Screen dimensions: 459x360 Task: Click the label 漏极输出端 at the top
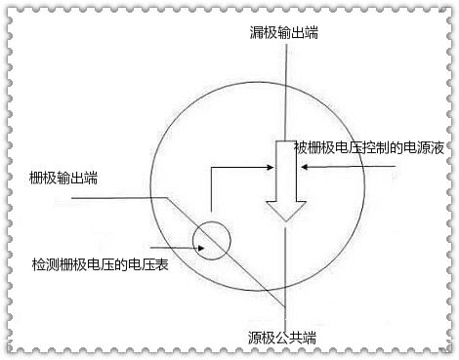pyautogui.click(x=283, y=33)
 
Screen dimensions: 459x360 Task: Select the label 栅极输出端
pyautogui.click(x=63, y=178)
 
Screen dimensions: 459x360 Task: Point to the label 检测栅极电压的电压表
pyautogui.click(x=101, y=264)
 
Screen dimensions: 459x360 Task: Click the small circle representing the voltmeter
pyautogui.click(x=212, y=238)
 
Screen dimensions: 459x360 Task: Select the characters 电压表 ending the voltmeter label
pyautogui.click(x=151, y=264)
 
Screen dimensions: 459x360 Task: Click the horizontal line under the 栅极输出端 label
pyautogui.click(x=107, y=195)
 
